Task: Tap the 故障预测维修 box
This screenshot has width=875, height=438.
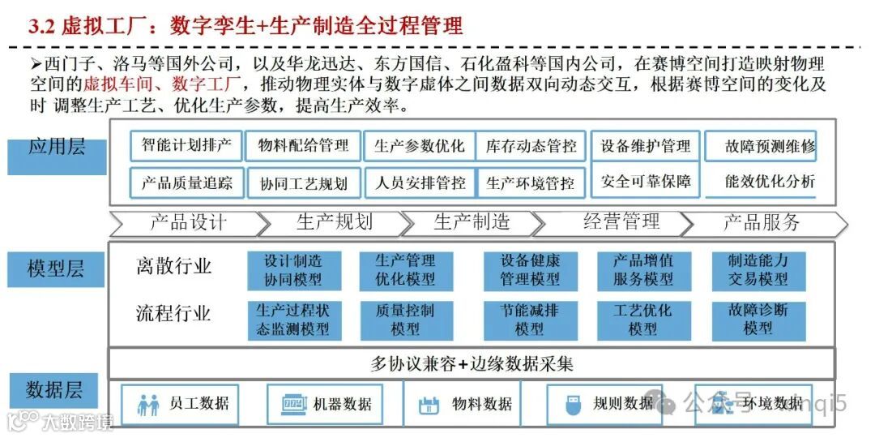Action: (761, 147)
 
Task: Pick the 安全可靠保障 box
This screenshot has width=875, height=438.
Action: (645, 181)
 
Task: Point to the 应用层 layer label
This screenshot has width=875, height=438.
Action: (57, 148)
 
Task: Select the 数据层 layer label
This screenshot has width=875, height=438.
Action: (53, 390)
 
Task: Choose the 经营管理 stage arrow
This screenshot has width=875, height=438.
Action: (621, 222)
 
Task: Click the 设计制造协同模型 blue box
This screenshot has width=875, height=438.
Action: (292, 270)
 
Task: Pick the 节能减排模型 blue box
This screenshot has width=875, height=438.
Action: (529, 320)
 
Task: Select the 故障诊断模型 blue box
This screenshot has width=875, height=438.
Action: (758, 319)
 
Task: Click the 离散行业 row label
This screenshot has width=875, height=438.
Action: (173, 266)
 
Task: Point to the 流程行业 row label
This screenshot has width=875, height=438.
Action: (173, 314)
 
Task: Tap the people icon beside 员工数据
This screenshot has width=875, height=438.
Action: (149, 404)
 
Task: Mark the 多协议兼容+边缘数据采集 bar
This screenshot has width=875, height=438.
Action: (472, 364)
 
